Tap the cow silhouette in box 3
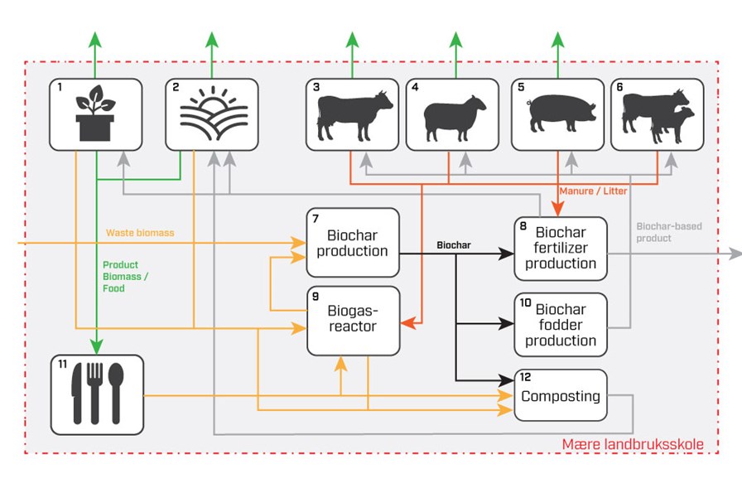354,117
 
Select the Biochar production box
353,243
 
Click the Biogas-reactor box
353,321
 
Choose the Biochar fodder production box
561,324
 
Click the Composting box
561,395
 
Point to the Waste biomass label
140,233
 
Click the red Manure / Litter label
593,191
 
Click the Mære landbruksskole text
633,445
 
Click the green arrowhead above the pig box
557,39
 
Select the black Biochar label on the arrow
455,245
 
